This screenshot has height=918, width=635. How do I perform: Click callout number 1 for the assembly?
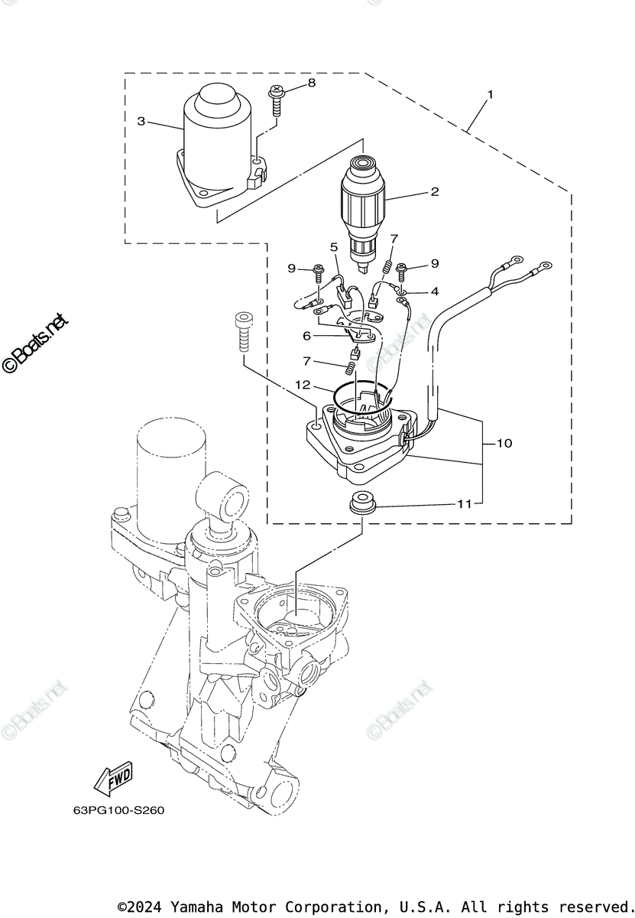491,96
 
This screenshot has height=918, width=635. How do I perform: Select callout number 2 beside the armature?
434,191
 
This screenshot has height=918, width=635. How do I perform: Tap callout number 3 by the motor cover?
141,121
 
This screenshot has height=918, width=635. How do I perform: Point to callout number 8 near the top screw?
312,82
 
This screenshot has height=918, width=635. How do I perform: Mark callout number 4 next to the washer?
434,291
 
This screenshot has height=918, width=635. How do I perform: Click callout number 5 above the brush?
334,247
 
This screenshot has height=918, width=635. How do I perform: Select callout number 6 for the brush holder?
307,335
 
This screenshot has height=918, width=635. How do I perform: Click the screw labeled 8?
276,98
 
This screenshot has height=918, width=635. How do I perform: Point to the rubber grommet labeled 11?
360,505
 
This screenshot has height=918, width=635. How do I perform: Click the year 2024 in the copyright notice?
148,907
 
